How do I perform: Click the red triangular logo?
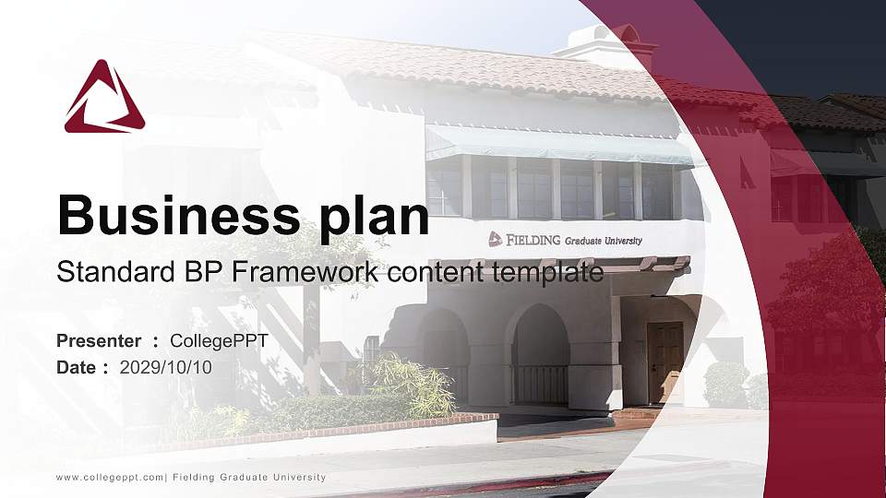pos(104,99)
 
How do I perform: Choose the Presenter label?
pos(99,341)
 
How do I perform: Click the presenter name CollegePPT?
pos(219,341)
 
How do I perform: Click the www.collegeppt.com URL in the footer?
pos(110,478)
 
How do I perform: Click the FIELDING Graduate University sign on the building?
pos(565,240)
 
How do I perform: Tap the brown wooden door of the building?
pos(664,362)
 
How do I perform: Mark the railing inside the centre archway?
pos(540,383)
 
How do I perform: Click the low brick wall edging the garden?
pos(369,425)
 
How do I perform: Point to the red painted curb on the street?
pos(517,482)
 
